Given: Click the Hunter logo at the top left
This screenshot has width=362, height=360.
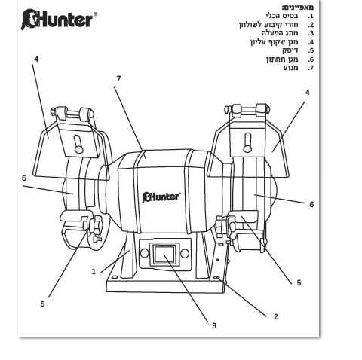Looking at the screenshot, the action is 59,20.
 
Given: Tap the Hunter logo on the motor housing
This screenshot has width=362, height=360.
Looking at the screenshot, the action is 161,197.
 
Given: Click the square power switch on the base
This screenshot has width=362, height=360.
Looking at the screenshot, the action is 164,255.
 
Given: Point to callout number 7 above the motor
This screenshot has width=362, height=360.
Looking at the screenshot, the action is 118,79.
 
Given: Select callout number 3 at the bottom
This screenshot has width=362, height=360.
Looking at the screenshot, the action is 214,326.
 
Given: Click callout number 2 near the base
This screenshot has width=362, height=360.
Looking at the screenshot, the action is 276,316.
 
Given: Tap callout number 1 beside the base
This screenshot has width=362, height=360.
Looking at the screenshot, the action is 94,272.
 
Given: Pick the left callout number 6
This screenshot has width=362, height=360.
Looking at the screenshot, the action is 24,178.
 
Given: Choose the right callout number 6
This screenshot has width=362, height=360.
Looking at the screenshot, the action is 311,204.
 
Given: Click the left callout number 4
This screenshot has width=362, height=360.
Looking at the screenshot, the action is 37,59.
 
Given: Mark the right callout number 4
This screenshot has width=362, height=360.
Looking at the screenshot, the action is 308,93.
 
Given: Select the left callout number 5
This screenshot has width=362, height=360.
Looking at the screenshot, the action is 42,304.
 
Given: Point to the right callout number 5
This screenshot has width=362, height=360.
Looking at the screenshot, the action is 299,283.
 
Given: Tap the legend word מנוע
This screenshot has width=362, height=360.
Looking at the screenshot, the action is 291,68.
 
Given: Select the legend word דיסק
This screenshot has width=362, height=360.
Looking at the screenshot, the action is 290,50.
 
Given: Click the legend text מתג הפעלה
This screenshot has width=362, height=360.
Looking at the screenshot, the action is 280,33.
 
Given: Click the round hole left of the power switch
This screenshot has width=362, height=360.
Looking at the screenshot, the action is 145,253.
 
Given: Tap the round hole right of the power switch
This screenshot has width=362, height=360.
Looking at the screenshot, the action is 185,253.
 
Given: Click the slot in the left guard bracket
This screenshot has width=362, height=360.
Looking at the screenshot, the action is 78,145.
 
